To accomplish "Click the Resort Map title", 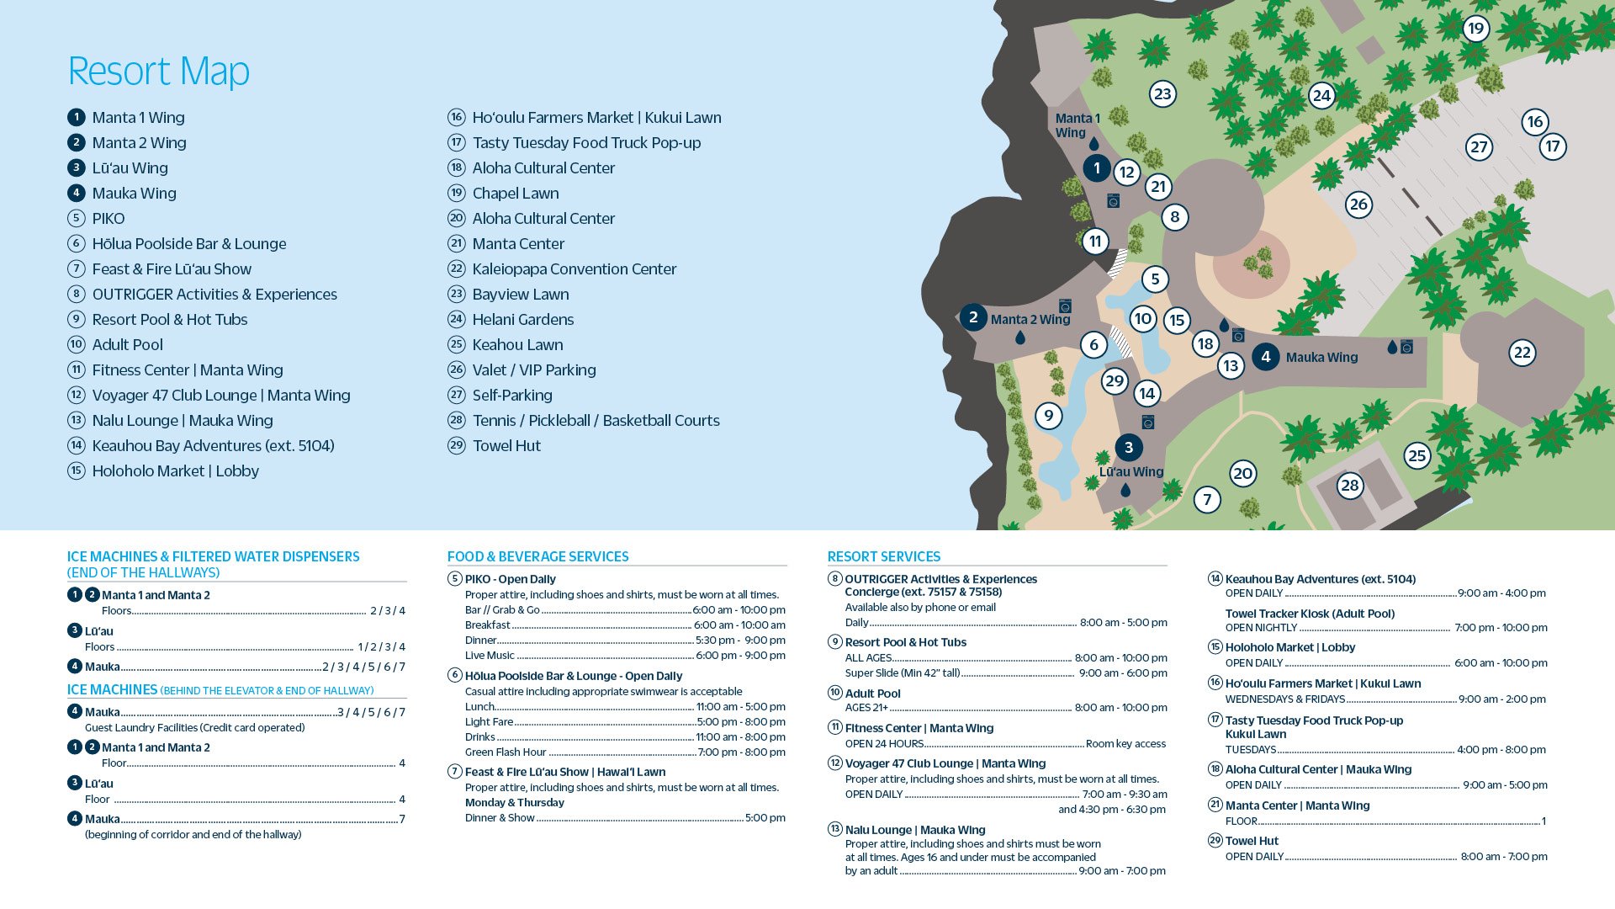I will coord(158,71).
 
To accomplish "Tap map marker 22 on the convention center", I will coord(1522,353).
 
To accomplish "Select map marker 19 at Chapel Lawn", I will coord(1475,29).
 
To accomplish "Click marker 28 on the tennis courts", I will coord(1349,485).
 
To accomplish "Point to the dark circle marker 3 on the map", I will coord(1129,448).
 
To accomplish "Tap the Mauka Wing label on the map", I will coord(1321,357).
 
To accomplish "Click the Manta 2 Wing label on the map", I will coord(1030,319).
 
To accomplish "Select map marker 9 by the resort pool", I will coord(1048,416).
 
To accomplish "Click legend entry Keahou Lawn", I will coord(517,344).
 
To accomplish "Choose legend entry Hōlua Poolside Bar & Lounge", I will coord(188,243).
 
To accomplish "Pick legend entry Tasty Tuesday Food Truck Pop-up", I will coord(586,142).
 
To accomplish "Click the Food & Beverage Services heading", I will coord(537,556).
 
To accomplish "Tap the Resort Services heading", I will coord(883,556).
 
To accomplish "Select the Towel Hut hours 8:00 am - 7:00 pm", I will coord(1503,856).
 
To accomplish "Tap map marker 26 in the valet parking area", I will coord(1358,205).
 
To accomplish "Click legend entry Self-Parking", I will coord(512,395).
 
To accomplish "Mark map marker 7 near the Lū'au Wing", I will coord(1207,500).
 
